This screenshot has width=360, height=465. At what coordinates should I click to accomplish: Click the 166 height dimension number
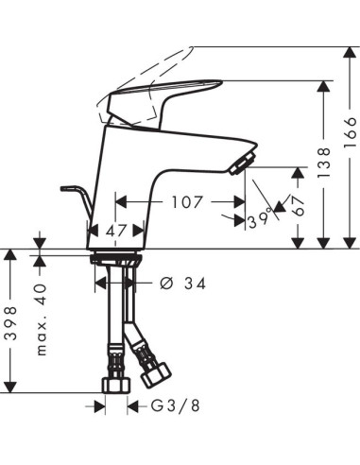[x=349, y=139]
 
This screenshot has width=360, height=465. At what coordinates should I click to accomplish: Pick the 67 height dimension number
[x=299, y=207]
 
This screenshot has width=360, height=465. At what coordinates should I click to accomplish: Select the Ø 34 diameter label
[x=180, y=283]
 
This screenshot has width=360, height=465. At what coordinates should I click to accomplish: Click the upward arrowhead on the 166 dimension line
[x=349, y=52]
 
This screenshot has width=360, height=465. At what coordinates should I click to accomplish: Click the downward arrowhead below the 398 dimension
[x=10, y=387]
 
